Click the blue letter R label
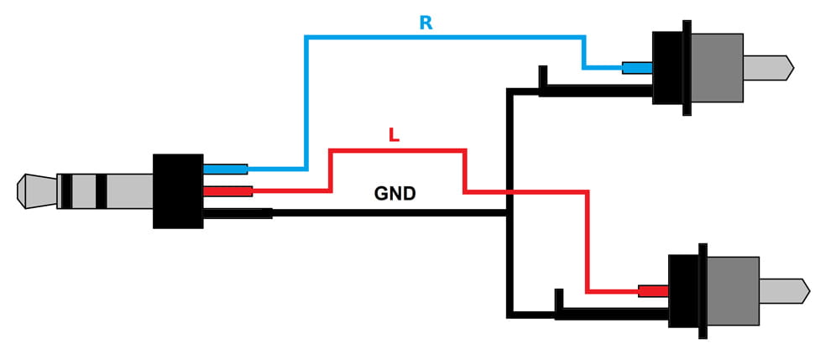click(x=426, y=23)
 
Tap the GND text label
click(x=395, y=195)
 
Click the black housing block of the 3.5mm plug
click(x=178, y=190)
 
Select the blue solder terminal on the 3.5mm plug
click(x=225, y=170)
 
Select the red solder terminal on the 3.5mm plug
click(x=227, y=191)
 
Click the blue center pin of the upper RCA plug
click(x=637, y=68)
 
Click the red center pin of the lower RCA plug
click(x=653, y=291)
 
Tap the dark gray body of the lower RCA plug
click(x=730, y=290)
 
